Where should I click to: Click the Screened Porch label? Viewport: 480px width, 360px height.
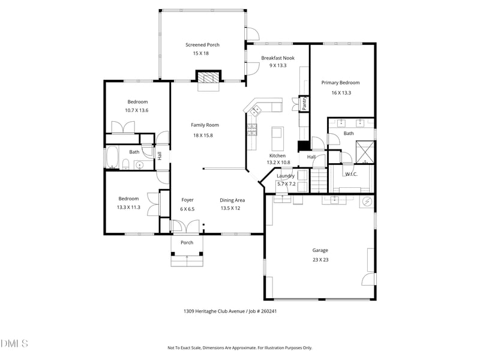[202, 44]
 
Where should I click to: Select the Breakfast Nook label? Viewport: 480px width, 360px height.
[278, 58]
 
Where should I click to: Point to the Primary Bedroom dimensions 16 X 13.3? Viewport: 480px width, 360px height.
[340, 93]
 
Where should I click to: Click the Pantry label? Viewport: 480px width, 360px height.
[304, 104]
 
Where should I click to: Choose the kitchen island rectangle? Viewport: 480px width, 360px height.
[277, 139]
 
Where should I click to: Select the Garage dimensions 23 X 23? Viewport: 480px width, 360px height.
[320, 260]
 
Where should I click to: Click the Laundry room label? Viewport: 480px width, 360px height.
[285, 176]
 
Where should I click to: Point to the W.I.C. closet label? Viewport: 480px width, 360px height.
[351, 175]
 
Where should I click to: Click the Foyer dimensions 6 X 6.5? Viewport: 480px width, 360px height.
[187, 209]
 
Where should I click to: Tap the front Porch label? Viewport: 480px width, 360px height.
[187, 242]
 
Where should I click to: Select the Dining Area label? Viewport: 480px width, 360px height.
[232, 200]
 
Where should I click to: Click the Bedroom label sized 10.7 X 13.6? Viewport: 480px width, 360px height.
[137, 102]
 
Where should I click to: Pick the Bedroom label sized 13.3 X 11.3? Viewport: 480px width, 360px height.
[128, 199]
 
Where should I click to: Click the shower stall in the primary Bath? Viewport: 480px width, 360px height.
[364, 150]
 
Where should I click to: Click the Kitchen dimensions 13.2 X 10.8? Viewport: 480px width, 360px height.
[278, 163]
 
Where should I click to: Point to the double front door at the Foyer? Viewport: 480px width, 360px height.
[185, 227]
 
